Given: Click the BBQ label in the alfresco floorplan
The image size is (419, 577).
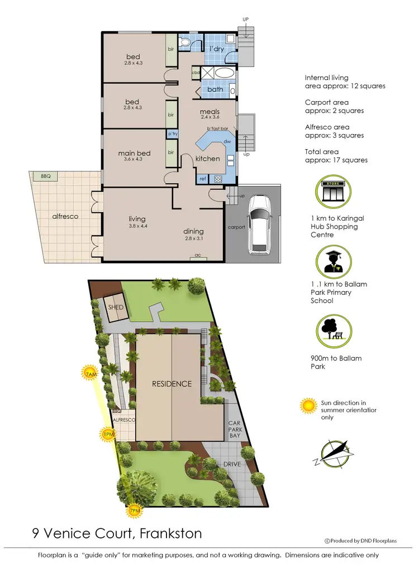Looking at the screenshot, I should [x=45, y=177].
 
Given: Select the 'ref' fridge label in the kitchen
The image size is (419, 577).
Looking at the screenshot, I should [x=203, y=179].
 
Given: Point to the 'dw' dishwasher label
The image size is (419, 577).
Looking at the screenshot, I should [x=227, y=142].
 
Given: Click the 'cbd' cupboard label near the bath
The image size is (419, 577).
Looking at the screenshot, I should [x=196, y=73].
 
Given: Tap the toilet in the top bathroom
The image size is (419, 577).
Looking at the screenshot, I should [x=186, y=42].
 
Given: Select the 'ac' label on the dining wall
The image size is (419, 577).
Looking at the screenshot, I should [x=197, y=255].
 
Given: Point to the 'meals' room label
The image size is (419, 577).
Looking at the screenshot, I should [x=210, y=112].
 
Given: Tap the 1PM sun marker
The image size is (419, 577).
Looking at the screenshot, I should [x=108, y=434].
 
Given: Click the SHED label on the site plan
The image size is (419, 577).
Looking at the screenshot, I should [x=116, y=308].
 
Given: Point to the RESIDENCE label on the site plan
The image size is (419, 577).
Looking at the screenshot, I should [x=172, y=384].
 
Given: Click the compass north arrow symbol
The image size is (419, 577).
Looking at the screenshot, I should [x=332, y=454].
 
